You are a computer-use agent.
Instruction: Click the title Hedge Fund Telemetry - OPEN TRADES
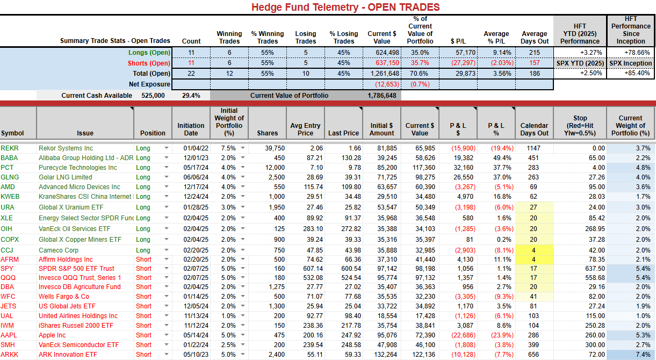tap(345, 7)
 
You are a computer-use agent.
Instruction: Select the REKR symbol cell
tap(9, 148)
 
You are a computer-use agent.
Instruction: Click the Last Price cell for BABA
tap(351, 158)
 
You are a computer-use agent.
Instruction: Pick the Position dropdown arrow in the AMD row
tap(167, 186)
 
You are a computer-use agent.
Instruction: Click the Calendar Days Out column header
tap(534, 129)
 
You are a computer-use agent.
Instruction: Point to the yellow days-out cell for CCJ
tap(534, 250)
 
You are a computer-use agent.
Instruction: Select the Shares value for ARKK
tap(277, 355)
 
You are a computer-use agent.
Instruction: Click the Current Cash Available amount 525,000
tap(153, 96)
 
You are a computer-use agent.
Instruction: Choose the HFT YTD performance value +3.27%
tap(591, 53)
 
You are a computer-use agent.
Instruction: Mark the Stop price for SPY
tap(596, 269)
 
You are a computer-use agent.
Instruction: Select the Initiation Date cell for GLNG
tap(196, 177)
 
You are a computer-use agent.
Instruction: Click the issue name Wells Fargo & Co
tap(64, 297)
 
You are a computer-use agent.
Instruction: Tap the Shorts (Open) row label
tap(149, 63)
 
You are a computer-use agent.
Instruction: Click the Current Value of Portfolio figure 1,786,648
tap(382, 96)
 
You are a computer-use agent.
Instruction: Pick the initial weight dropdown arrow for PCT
tap(243, 167)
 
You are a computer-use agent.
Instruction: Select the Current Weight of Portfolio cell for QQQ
tap(643, 278)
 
